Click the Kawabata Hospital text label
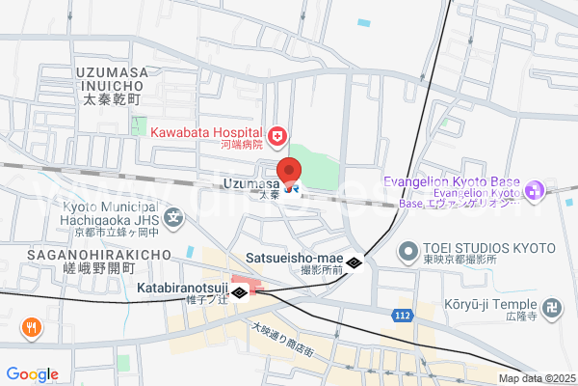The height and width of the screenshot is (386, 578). click(x=206, y=133)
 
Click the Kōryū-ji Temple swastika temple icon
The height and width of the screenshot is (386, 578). click(x=551, y=309)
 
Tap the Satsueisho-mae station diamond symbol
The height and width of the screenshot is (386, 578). click(x=355, y=263)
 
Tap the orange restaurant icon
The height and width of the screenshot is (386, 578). click(x=32, y=328)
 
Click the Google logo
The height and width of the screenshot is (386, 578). click(x=32, y=374)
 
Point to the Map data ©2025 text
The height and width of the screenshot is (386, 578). click(x=536, y=378)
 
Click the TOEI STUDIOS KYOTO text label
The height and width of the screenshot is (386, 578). click(x=481, y=246)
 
